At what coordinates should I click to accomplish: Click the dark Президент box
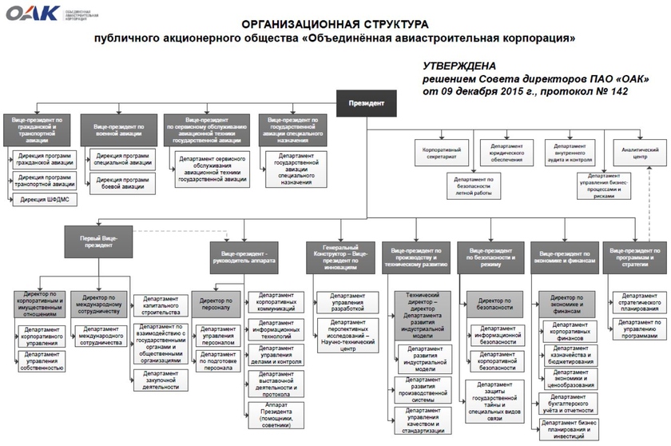pyautogui.click(x=366, y=103)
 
